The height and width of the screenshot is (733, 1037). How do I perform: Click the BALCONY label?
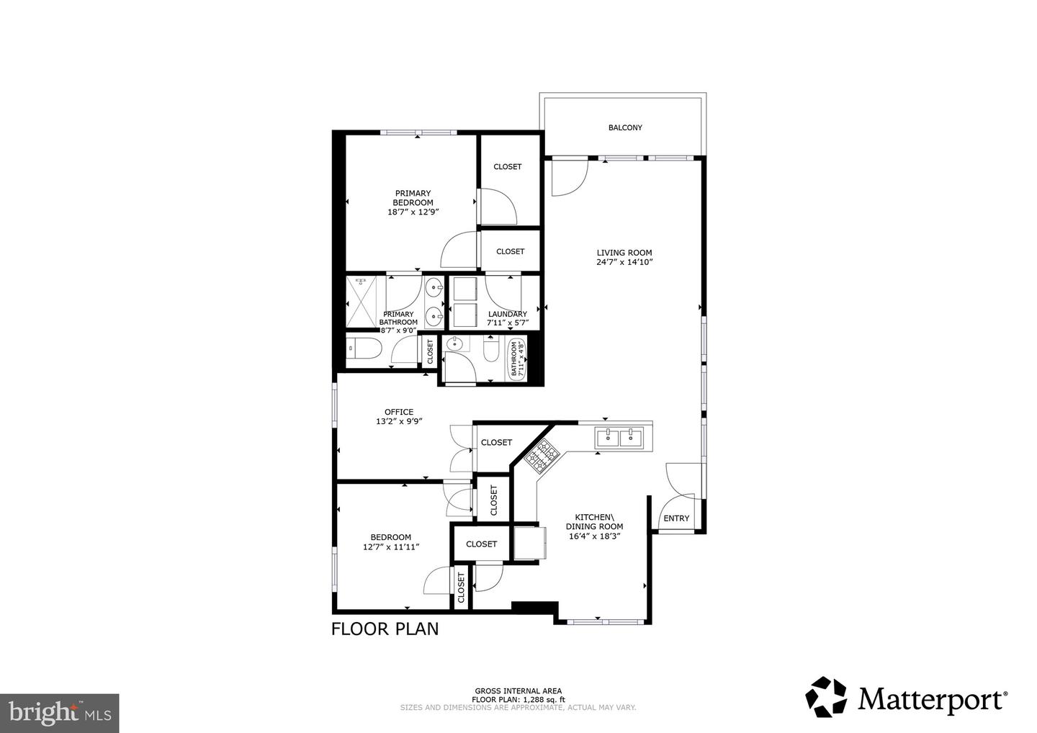coord(624,127)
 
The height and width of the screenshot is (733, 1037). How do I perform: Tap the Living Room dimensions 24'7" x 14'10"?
coord(624,263)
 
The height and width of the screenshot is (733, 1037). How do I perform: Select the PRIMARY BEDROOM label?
coord(413,198)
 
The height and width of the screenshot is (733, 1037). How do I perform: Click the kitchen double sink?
coord(619,436)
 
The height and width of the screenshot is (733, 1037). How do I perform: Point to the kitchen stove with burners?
coord(542,455)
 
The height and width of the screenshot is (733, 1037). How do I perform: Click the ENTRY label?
coord(675,518)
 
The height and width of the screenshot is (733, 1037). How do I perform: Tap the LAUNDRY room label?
coord(507,314)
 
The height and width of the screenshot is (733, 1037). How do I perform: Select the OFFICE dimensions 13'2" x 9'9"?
coord(398,422)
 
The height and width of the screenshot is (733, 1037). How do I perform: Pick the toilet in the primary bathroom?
coord(360,349)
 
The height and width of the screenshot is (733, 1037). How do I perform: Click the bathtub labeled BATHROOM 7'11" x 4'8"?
coord(518,359)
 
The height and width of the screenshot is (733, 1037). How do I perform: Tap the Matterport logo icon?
coord(826,697)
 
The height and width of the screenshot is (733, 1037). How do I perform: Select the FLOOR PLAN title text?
coord(385,629)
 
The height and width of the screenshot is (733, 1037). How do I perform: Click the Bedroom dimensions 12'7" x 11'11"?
coord(391,547)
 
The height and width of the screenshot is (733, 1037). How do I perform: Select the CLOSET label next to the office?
coord(496,442)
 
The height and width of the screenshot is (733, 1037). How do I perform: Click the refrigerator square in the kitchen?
coord(528,542)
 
